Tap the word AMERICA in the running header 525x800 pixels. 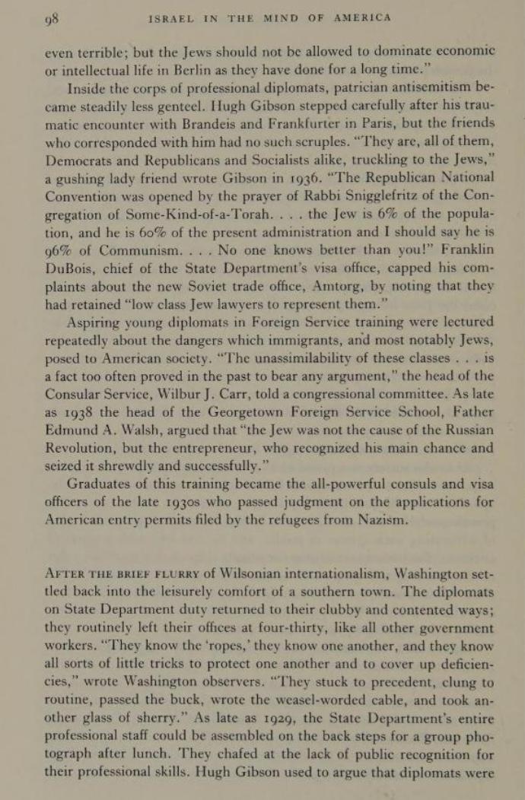tap(361, 17)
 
